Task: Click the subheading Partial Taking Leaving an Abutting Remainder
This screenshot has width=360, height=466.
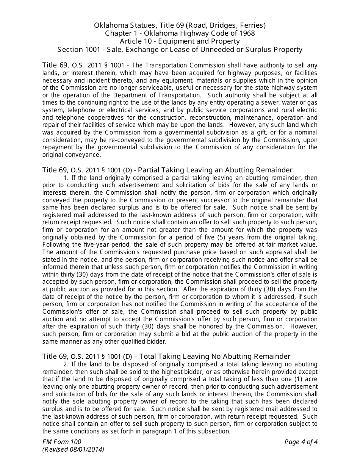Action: [215, 170]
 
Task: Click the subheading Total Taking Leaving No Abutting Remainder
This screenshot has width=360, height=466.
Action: [214, 356]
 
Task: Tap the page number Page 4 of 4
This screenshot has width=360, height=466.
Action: [301, 442]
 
